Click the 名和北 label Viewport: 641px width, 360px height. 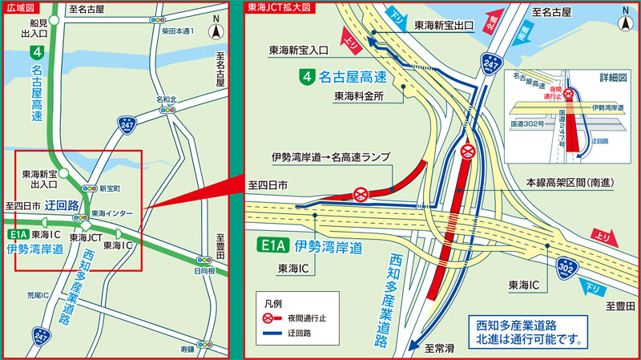coord(167,99)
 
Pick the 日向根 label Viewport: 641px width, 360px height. coord(206,272)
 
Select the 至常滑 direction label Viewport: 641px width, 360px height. coord(440,348)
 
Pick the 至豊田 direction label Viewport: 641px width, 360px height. coord(620,306)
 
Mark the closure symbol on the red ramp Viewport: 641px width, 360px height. coord(361,193)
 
